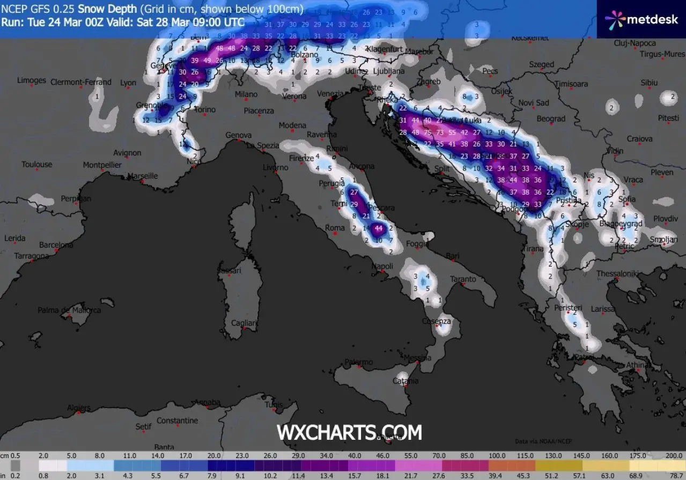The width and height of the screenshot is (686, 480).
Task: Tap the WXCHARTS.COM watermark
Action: click(x=349, y=432)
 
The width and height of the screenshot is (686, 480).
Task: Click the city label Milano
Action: click(x=246, y=94)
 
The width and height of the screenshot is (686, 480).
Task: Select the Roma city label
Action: click(x=335, y=228)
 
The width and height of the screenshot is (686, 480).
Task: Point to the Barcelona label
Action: click(x=56, y=245)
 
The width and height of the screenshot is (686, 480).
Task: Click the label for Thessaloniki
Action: click(x=617, y=274)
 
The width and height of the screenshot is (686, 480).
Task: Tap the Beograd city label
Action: click(x=551, y=119)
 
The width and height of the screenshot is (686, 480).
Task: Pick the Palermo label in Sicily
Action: click(x=359, y=363)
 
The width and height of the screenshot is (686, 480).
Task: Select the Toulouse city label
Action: click(x=37, y=165)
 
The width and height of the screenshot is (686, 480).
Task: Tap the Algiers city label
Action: click(x=78, y=408)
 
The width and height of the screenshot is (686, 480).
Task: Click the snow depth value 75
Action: click(x=427, y=132)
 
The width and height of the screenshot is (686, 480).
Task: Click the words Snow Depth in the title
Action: click(x=105, y=9)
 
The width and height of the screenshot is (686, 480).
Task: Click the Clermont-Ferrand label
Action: click(x=80, y=82)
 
